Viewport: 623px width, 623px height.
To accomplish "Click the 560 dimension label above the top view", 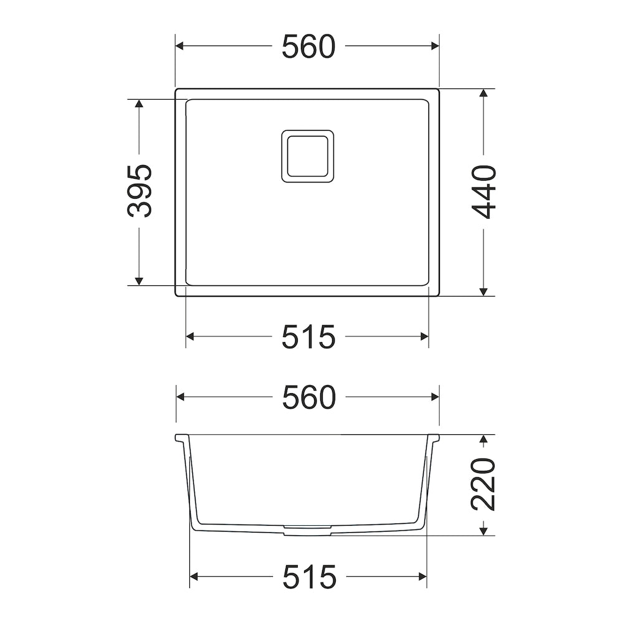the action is [309, 47].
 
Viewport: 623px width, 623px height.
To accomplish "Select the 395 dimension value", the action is [140, 191].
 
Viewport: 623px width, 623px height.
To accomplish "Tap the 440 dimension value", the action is [483, 193].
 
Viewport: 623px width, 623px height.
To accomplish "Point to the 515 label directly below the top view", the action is [309, 337].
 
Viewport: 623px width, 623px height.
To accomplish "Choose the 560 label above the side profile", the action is [309, 397].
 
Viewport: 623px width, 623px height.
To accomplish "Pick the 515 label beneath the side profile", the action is [310, 576].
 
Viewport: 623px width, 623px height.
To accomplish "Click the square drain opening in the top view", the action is [308, 156].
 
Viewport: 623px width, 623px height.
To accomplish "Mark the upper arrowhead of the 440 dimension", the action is [483, 93].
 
